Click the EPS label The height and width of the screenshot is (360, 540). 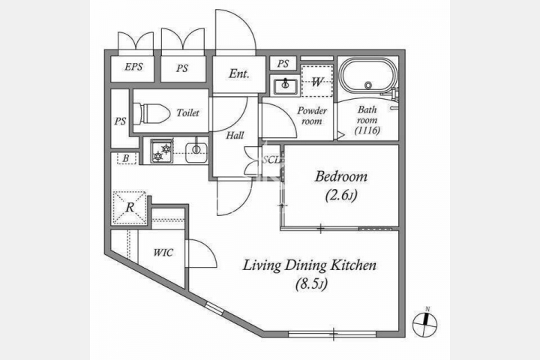click(x=133, y=67)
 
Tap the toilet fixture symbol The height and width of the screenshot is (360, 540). click(x=151, y=112)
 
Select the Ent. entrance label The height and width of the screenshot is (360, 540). click(x=239, y=73)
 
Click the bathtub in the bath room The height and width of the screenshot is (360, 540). click(x=367, y=76)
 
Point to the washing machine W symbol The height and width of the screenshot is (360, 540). click(x=316, y=80)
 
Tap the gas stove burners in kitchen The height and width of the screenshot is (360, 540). click(x=162, y=151)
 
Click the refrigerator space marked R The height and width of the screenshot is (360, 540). click(x=130, y=208)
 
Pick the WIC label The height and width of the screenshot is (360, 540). click(x=163, y=253)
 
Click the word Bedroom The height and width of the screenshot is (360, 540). click(x=341, y=176)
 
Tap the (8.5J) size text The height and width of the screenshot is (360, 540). click(x=311, y=284)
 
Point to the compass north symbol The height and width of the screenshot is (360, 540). click(x=425, y=323)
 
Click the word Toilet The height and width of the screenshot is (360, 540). click(x=187, y=112)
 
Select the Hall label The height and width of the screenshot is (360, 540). click(x=235, y=136)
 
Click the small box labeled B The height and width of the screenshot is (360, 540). click(x=127, y=158)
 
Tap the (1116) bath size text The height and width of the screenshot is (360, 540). click(x=367, y=130)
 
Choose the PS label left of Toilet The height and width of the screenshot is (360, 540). click(x=120, y=121)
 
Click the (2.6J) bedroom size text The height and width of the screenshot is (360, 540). click(x=341, y=195)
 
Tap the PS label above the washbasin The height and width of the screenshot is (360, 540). click(x=283, y=64)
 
